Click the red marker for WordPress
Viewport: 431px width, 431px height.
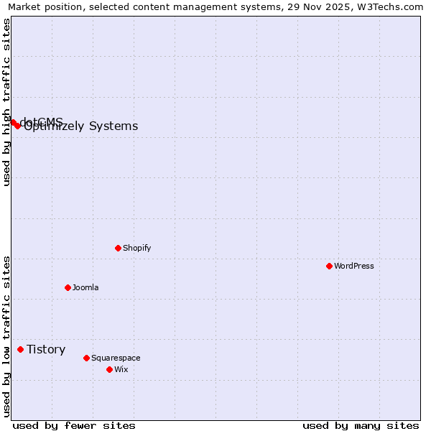tap(329, 266)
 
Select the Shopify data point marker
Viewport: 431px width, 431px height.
tap(118, 248)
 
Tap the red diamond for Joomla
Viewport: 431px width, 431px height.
tap(68, 287)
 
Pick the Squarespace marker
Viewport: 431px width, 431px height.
tap(86, 358)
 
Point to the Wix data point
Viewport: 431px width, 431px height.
tap(109, 369)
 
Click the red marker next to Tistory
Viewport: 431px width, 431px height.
tap(20, 349)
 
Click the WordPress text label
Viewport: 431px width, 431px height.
tap(354, 266)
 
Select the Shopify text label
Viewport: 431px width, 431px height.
tap(136, 248)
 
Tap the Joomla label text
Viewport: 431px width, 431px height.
tap(85, 287)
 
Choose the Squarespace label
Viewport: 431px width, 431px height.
tap(116, 358)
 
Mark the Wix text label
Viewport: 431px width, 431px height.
tap(121, 369)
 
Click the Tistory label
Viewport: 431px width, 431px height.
tap(46, 349)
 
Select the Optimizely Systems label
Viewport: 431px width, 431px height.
tap(81, 126)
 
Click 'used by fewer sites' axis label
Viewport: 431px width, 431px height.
tap(74, 425)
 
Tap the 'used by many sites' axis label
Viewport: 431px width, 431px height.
tap(361, 425)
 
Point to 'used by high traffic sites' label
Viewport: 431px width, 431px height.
tap(6, 102)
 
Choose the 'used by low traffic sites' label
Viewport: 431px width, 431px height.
tap(6, 336)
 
